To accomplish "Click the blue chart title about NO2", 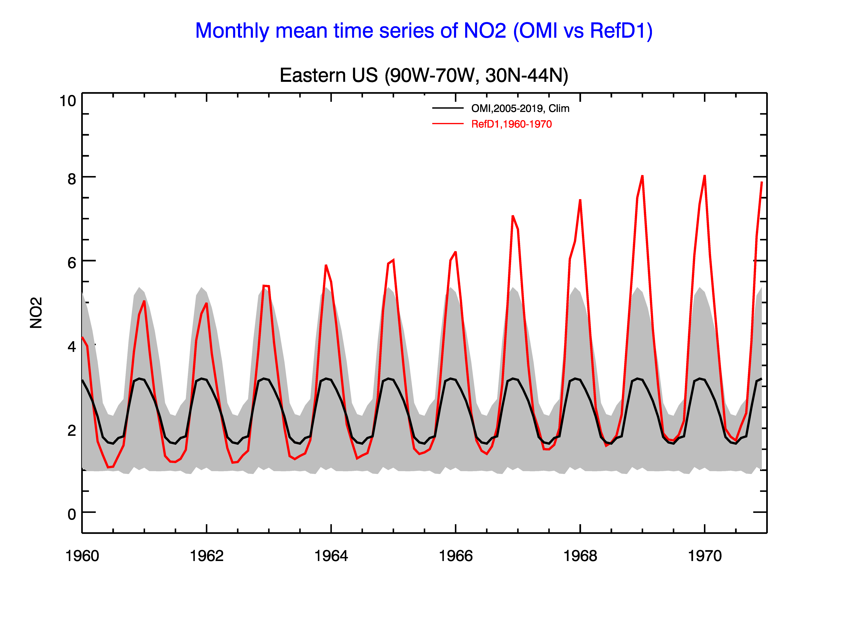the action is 424,31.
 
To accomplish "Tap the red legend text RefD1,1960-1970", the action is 511,124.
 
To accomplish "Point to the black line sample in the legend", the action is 448,108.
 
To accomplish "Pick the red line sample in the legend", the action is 448,124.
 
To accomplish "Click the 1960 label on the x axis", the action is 82,556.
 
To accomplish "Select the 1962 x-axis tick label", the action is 207,556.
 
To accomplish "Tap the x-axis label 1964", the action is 331,556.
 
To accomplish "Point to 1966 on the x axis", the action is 455,556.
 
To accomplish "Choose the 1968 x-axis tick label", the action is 580,556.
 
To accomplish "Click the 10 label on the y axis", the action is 68,101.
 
